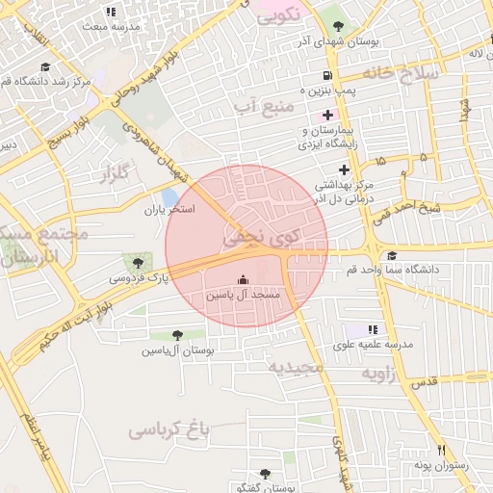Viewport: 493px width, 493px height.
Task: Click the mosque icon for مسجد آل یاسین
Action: click(x=243, y=279)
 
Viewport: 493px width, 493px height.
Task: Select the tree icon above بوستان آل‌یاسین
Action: click(x=176, y=335)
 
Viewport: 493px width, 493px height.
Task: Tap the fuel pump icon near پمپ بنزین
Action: click(x=328, y=76)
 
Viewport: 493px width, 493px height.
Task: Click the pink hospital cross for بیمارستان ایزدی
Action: click(x=327, y=115)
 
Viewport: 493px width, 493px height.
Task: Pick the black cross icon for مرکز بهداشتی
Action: click(x=344, y=169)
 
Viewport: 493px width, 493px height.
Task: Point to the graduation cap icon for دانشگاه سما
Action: click(x=391, y=256)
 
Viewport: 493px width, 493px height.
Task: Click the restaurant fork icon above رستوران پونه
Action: click(x=442, y=449)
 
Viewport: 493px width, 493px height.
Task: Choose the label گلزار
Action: click(x=115, y=174)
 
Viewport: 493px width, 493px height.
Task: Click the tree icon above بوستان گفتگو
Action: click(x=265, y=473)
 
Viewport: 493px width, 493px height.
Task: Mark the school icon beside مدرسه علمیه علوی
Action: click(x=374, y=329)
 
